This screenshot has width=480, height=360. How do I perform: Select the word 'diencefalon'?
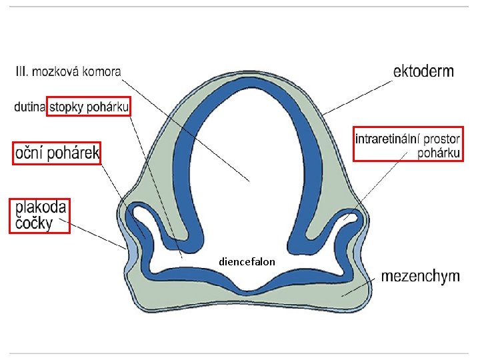(x=247, y=262)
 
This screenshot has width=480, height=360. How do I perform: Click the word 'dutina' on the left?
(x=29, y=107)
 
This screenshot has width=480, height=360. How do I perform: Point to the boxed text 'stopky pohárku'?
(x=89, y=107)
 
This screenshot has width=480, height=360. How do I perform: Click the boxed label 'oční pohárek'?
(x=56, y=155)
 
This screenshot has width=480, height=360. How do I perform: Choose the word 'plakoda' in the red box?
(x=40, y=207)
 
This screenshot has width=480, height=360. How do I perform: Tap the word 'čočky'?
(x=34, y=223)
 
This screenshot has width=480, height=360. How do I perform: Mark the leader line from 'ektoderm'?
(x=360, y=95)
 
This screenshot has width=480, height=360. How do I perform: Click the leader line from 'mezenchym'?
(x=363, y=285)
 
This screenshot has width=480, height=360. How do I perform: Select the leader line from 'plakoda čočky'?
(x=100, y=235)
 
